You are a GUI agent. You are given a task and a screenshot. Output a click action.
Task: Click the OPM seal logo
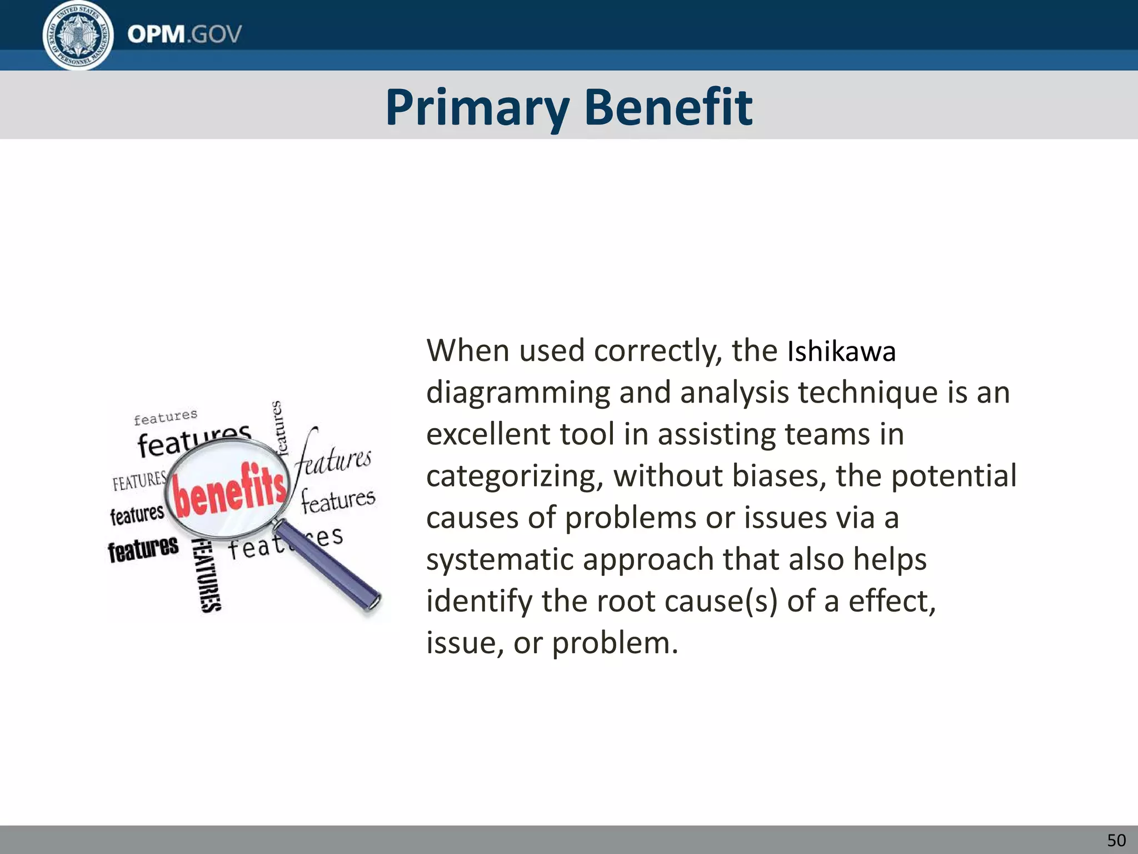click(78, 34)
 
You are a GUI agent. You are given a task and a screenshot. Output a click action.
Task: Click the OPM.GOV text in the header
click(184, 34)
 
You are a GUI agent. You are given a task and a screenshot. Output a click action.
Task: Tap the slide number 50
click(1116, 840)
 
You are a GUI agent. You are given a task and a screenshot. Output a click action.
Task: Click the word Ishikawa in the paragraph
click(841, 352)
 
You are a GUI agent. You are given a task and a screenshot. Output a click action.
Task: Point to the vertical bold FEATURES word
click(206, 576)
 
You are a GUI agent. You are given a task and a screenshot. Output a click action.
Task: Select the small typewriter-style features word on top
click(166, 416)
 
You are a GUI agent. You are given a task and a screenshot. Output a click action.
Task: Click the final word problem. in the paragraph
click(615, 643)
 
